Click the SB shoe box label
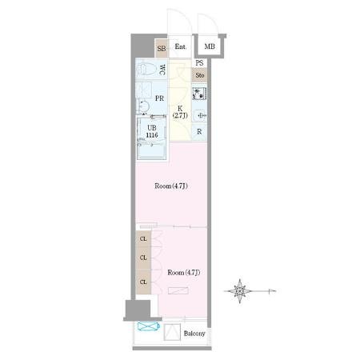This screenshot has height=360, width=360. click(x=162, y=49)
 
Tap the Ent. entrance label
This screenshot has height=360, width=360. click(x=181, y=46)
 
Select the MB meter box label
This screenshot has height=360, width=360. click(x=210, y=46)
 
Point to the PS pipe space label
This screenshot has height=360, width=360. click(x=199, y=63)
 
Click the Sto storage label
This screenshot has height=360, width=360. click(x=200, y=75)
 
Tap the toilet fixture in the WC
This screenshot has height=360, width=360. click(x=146, y=70)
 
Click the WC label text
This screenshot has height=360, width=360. click(x=162, y=70)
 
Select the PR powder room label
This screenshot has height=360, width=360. click(x=159, y=98)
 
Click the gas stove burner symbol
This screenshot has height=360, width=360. click(x=199, y=94)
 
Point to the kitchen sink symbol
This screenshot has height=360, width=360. click(x=200, y=116)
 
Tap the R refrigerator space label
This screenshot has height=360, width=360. click(x=199, y=131)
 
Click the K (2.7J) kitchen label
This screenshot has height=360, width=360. click(x=180, y=112)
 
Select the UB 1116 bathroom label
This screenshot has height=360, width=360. click(x=152, y=131)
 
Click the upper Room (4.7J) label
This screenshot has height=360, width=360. click(x=171, y=186)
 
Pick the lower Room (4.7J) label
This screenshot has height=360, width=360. click(x=184, y=273)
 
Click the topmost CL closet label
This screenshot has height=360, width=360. click(x=143, y=239)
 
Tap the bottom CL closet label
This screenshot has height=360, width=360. click(x=143, y=282)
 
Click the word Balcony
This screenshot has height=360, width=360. click(x=194, y=334)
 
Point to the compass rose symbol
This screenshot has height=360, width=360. click(x=240, y=291)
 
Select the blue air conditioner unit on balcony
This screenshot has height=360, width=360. click(x=149, y=326)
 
